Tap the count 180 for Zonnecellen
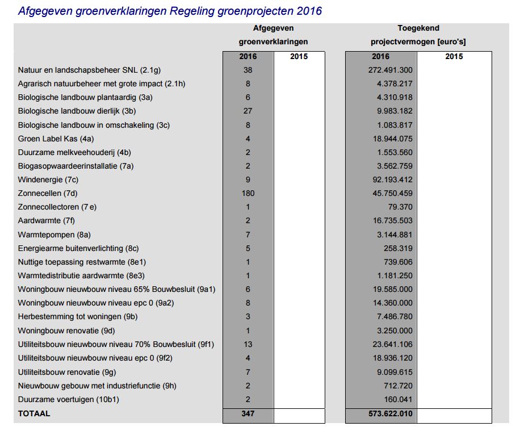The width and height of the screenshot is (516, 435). [x=248, y=193]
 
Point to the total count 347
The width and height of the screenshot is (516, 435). [x=248, y=413]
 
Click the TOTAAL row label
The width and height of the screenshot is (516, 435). [x=34, y=413]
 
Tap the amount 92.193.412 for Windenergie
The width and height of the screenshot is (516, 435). [x=392, y=179]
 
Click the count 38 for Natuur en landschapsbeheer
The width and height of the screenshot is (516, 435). [x=248, y=70]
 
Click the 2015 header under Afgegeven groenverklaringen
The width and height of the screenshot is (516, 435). [x=299, y=56]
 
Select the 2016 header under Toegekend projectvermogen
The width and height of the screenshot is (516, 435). [x=381, y=56]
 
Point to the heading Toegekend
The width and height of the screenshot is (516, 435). [x=418, y=28]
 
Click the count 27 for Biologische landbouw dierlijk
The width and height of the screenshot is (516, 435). [x=248, y=111]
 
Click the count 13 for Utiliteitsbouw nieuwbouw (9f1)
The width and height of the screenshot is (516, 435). [x=248, y=344]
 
